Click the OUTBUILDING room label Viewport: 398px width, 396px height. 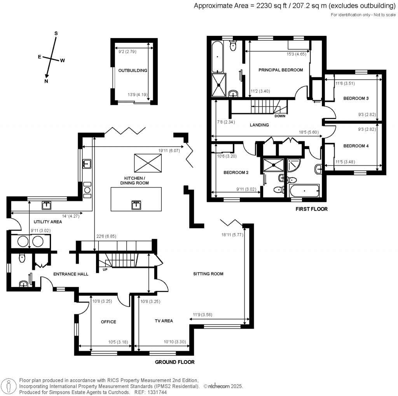(133, 70)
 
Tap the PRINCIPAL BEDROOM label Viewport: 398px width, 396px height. (281, 70)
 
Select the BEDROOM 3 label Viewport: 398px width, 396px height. (356, 98)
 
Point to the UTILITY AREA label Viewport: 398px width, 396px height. (48, 222)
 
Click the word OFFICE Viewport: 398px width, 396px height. (108, 322)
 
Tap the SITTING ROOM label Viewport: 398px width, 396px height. (208, 274)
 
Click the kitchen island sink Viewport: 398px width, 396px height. (136, 205)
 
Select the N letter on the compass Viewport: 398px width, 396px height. (46, 81)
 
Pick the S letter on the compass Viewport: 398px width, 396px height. (56, 33)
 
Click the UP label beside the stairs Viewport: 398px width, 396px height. (105, 270)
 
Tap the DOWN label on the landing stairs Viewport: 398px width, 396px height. (280, 116)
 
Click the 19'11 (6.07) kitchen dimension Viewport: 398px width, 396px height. (169, 151)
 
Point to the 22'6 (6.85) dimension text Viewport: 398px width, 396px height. (106, 236)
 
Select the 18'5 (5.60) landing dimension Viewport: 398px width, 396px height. (309, 132)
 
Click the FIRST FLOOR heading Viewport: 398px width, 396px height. (311, 209)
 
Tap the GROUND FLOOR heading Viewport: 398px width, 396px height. (175, 362)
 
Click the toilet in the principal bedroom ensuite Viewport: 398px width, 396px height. (233, 46)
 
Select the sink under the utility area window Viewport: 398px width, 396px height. (47, 205)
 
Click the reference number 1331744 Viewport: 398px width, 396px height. (158, 392)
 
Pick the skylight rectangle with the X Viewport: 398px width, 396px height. (148, 163)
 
